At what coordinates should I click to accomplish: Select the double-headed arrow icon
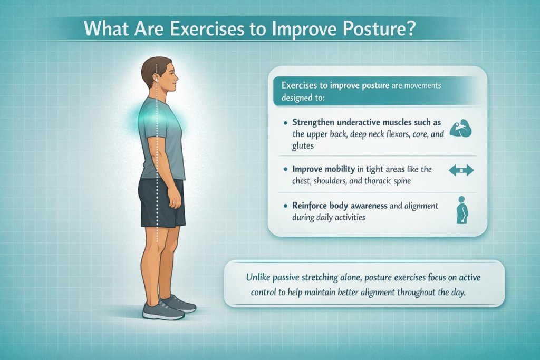(x=460, y=171)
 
